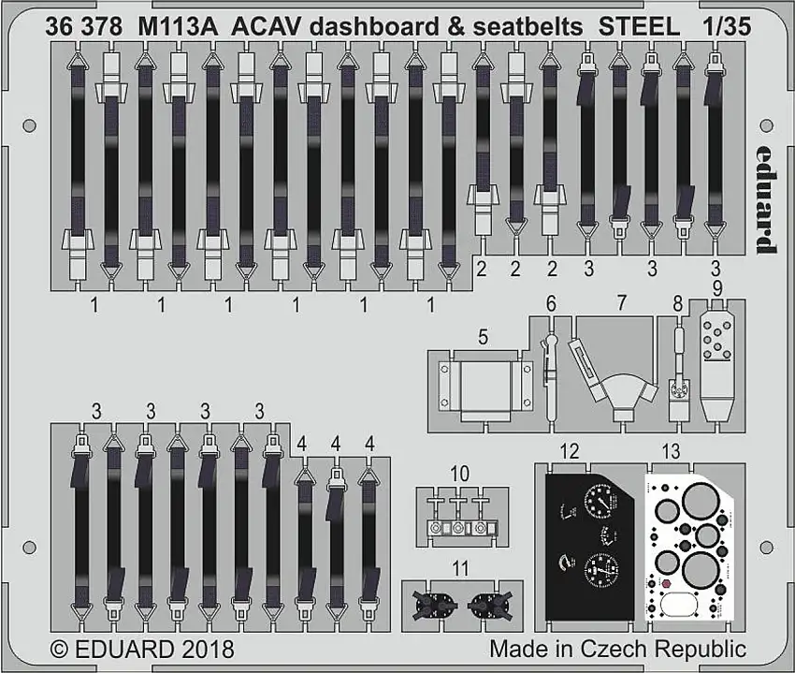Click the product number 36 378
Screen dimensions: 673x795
click(82, 27)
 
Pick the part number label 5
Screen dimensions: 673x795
click(482, 336)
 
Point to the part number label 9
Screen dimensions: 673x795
click(717, 287)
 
